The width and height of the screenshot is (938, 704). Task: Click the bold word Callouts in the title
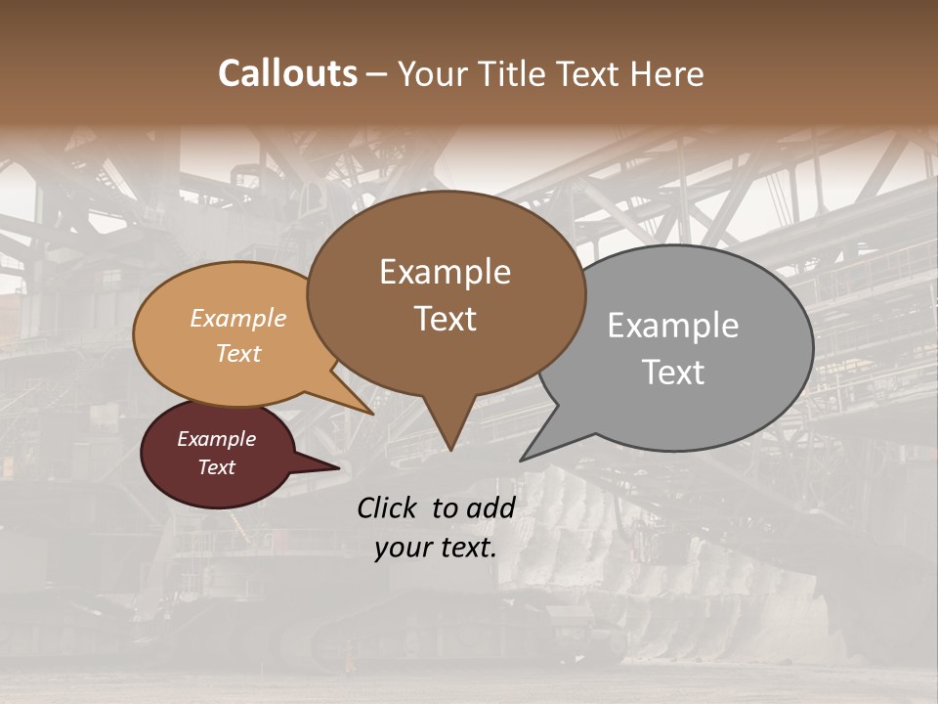click(287, 73)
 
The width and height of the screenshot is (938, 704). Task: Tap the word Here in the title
click(668, 73)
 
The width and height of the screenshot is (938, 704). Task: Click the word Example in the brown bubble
click(445, 272)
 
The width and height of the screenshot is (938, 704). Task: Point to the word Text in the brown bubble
click(445, 319)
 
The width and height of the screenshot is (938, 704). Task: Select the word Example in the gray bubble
click(673, 326)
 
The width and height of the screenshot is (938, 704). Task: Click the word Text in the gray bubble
click(673, 373)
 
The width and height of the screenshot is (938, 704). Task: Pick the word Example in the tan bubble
click(238, 319)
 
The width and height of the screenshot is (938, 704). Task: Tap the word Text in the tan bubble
click(238, 353)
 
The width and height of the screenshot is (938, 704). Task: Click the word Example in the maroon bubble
click(216, 439)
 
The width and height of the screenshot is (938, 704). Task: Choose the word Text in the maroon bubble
click(216, 467)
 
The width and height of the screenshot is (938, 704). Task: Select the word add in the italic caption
click(490, 507)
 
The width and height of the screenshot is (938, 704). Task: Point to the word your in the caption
click(403, 547)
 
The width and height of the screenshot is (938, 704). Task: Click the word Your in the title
click(431, 73)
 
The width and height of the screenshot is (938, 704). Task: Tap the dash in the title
click(378, 73)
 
